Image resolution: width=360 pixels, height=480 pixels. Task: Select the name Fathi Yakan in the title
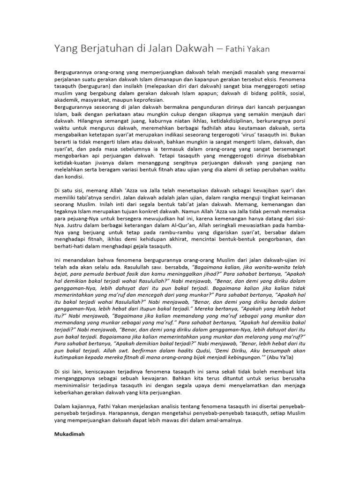click(247, 49)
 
